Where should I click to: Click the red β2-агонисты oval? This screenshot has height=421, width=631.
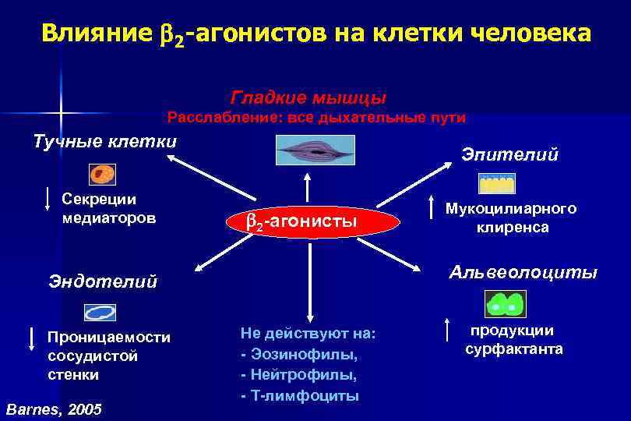click(x=301, y=222)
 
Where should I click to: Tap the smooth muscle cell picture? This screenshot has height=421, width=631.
click(x=314, y=150)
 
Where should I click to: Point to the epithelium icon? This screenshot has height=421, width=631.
click(x=496, y=183)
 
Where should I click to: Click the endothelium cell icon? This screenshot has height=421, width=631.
click(x=100, y=313)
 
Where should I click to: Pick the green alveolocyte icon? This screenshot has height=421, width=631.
click(x=504, y=304)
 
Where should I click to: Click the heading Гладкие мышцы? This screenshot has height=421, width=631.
click(x=308, y=98)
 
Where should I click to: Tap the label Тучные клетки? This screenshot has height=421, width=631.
click(x=105, y=141)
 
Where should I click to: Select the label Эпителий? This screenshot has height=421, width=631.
click(x=509, y=154)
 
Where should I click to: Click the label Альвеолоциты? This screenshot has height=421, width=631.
click(x=523, y=272)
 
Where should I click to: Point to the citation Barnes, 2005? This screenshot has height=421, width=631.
click(x=53, y=409)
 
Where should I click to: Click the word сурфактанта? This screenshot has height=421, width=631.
click(x=514, y=349)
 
